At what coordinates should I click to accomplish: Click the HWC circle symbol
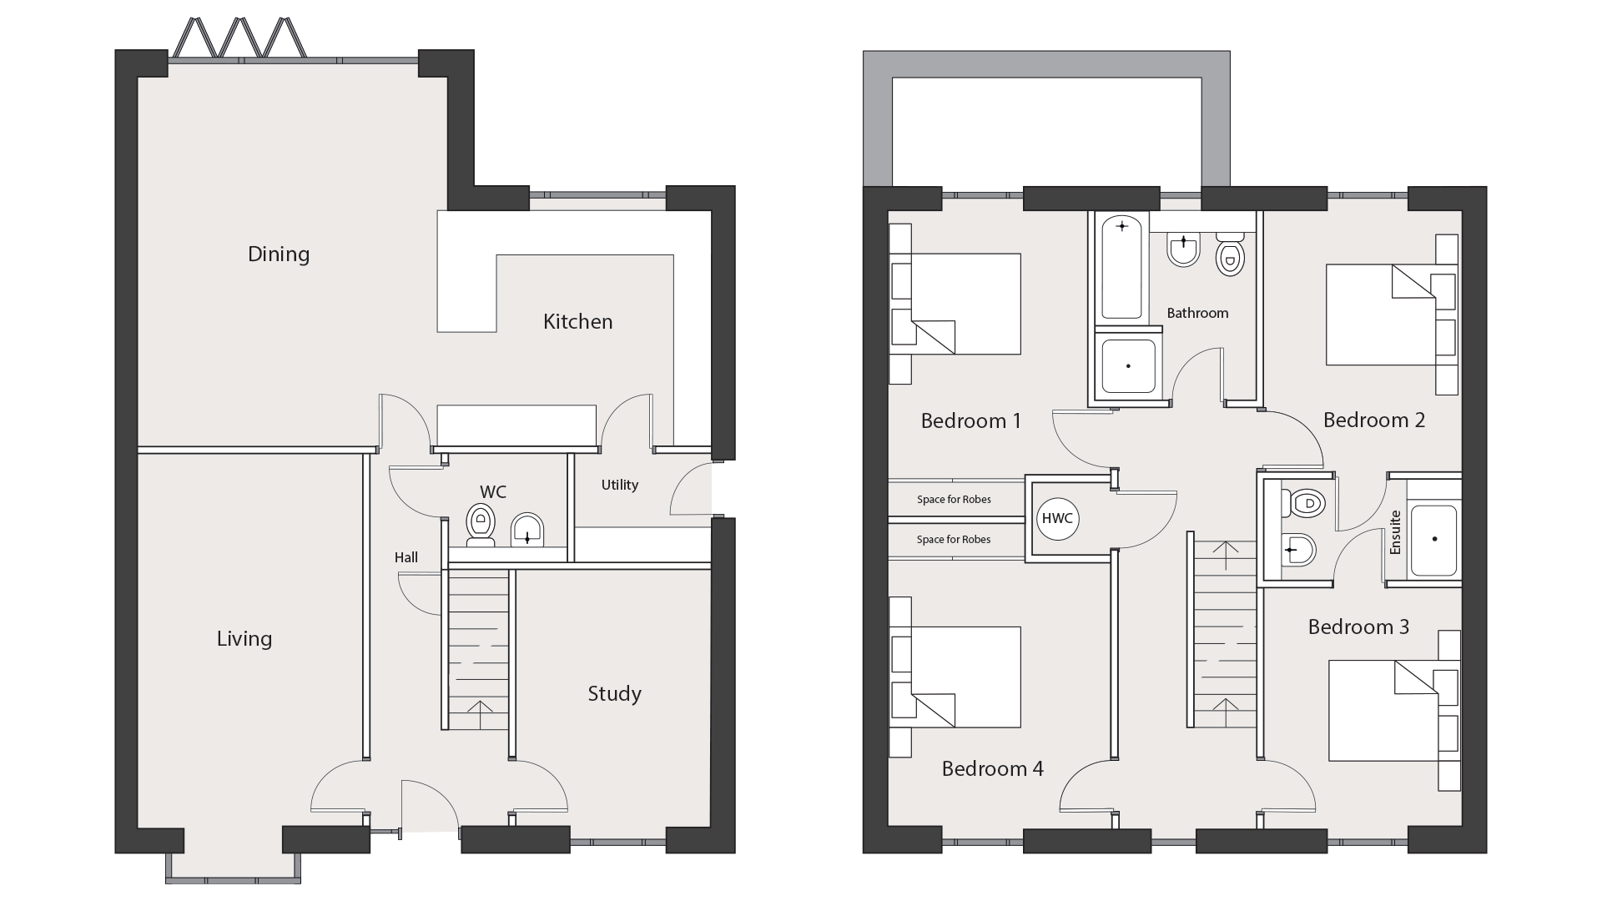[x=1057, y=518]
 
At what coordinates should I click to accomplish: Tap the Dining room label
[x=279, y=254]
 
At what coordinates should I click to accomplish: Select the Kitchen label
[x=577, y=321]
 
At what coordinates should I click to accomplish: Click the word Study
[x=614, y=694]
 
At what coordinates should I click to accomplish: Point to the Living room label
[x=244, y=639]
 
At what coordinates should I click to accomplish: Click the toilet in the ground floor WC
[x=481, y=525]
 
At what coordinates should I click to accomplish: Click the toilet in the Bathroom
[x=1231, y=254]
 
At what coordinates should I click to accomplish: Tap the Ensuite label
[x=1395, y=532]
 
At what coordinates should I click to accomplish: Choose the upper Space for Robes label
[x=954, y=500]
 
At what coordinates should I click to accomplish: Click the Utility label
[x=620, y=485]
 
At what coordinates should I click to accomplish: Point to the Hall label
[x=406, y=557]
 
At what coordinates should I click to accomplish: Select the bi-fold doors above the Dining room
[x=239, y=39]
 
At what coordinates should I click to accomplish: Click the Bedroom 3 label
[x=1358, y=627]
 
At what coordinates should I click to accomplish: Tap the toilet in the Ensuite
[x=1304, y=503]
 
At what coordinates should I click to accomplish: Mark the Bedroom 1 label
[x=970, y=420]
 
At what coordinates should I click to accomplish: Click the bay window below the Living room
[x=233, y=868]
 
